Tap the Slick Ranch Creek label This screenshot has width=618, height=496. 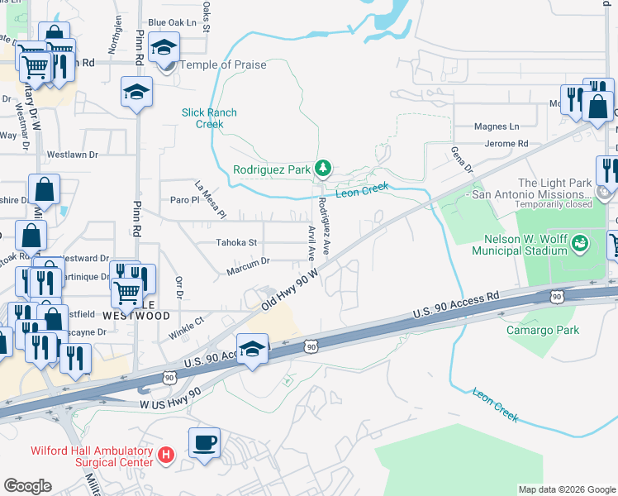pos(209,118)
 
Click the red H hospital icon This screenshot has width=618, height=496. pos(166,455)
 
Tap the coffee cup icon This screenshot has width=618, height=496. pos(204,441)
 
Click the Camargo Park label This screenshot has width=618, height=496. pos(543,331)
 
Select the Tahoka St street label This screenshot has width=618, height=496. pos(236,242)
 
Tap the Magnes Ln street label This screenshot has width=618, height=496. pos(497,126)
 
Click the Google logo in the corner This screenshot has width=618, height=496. pos(27,486)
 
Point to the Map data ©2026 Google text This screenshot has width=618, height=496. pos(566,489)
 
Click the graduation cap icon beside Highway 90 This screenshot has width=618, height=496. pos(252,347)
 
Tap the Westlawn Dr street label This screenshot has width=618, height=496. pos(72,154)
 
